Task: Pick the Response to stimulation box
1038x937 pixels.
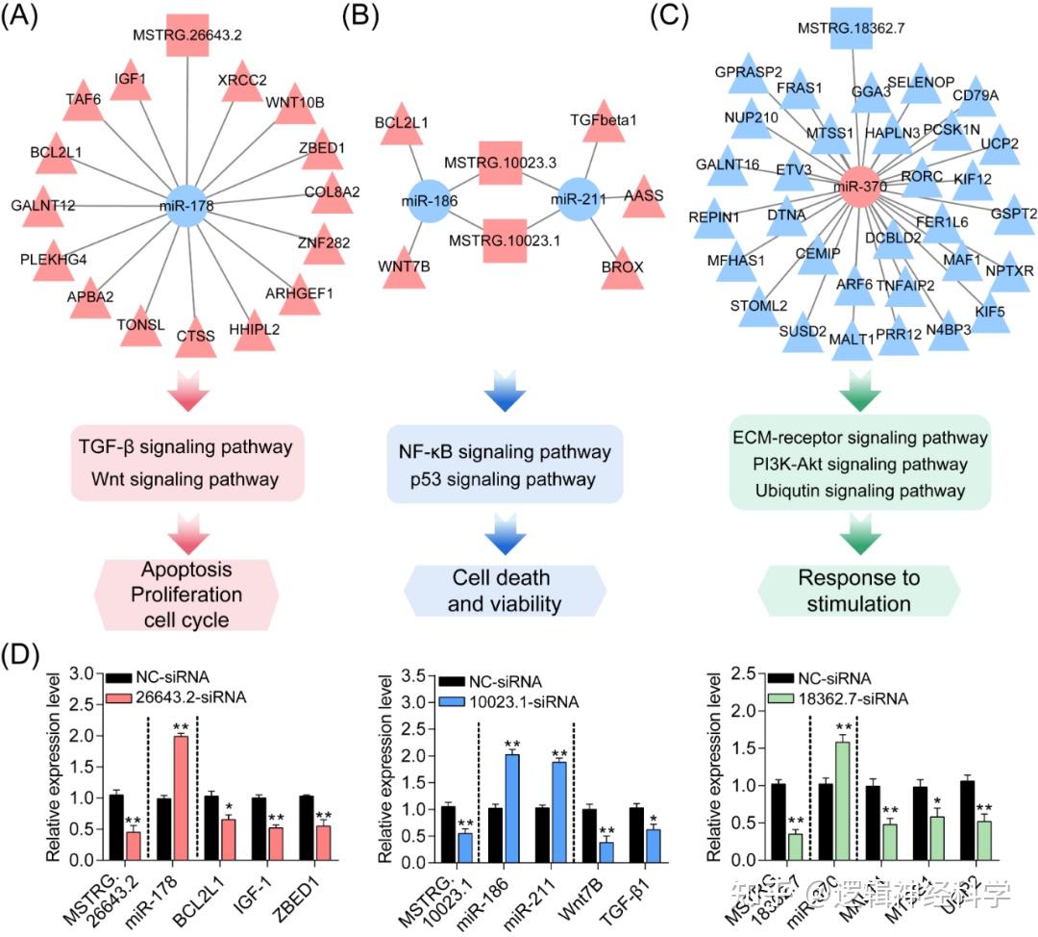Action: (x=857, y=591)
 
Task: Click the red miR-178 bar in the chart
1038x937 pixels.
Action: (x=180, y=798)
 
